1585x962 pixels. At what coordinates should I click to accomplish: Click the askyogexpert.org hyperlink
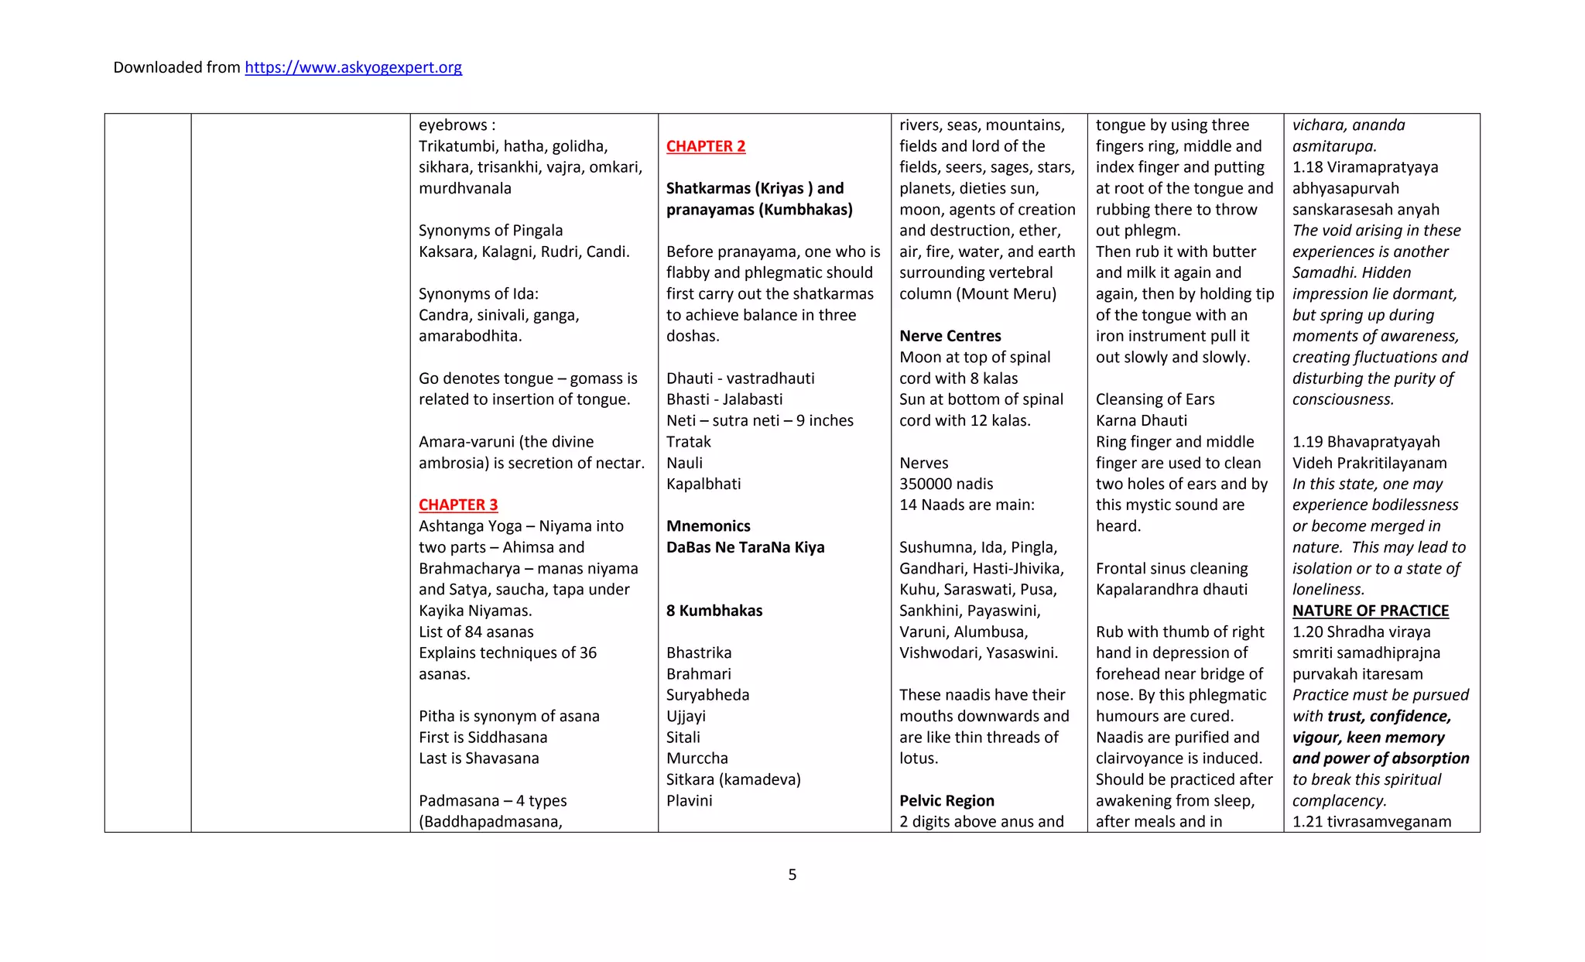[x=353, y=67]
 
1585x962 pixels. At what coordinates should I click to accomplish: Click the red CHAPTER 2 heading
[x=705, y=146]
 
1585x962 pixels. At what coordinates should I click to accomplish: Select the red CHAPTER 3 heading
[x=457, y=505]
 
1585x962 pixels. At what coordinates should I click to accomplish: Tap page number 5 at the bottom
[x=792, y=875]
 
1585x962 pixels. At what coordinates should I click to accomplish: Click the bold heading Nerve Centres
[x=950, y=336]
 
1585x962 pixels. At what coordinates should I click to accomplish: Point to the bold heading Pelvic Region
[x=946, y=800]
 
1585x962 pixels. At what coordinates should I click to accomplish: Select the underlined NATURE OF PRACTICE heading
[x=1370, y=611]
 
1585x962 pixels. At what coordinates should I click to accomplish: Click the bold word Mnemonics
[x=707, y=526]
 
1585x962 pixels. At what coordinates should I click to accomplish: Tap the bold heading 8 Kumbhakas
[x=714, y=611]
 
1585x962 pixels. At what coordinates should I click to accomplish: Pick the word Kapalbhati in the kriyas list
[x=703, y=484]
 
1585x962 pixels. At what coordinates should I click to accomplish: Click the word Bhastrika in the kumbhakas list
[x=698, y=652]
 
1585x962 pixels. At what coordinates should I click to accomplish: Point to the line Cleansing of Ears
[x=1154, y=399]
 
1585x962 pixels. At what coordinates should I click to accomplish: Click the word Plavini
[x=689, y=800]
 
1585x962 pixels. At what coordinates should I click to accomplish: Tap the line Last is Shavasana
[x=478, y=758]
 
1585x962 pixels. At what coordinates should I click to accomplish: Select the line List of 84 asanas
[x=475, y=632]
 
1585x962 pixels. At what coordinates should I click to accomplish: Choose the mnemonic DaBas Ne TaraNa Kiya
[x=745, y=547]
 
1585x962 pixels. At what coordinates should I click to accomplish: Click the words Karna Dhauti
[x=1141, y=420]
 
